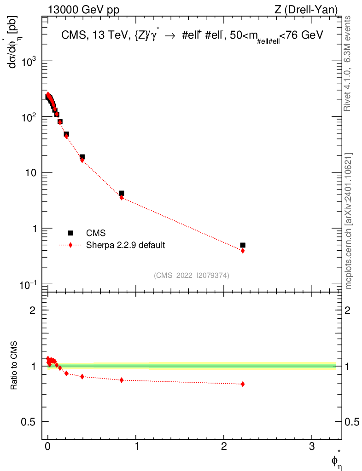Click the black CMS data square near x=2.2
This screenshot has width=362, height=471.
point(243,245)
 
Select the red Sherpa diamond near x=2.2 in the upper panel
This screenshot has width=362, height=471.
point(243,251)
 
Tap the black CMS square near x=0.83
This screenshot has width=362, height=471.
point(122,193)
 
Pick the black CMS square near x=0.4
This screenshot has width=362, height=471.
point(82,157)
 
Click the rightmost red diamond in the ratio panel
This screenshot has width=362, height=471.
point(243,384)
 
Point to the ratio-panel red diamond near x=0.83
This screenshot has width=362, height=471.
point(122,380)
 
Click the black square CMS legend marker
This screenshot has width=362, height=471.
point(70,233)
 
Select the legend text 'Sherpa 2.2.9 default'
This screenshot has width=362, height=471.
point(125,245)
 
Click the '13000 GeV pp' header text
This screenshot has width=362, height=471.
point(83,10)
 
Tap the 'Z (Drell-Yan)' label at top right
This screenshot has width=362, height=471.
point(306,10)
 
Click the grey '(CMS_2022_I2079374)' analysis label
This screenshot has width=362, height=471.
point(192,276)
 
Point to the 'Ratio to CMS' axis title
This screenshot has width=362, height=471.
point(14,366)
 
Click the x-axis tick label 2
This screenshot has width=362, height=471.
point(224,447)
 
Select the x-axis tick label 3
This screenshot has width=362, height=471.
point(312,447)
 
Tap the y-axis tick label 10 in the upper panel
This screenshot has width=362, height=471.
point(30,173)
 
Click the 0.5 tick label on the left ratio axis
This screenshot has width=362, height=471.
point(28,422)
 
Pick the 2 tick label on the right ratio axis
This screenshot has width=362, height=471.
point(347,310)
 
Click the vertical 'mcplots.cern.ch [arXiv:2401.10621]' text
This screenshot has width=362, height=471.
point(349,221)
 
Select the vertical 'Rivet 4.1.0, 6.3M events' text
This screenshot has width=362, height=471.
point(347,63)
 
